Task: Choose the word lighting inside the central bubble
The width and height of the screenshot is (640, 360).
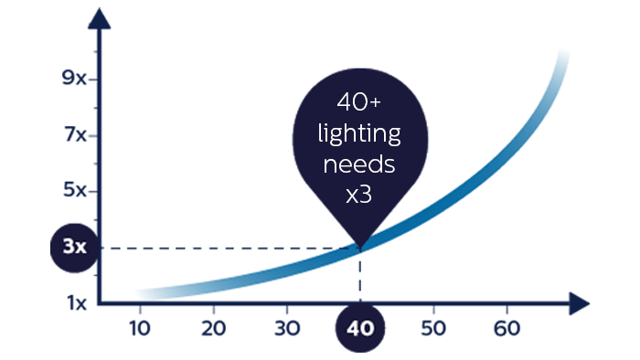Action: pyautogui.click(x=359, y=134)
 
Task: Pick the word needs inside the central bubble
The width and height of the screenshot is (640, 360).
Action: pyautogui.click(x=359, y=164)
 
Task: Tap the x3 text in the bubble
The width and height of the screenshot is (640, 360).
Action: pyautogui.click(x=358, y=195)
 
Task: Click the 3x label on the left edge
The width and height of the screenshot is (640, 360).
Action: pyautogui.click(x=74, y=247)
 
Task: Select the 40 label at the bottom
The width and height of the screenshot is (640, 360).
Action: pyautogui.click(x=360, y=328)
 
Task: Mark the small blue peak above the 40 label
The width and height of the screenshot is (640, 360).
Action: pyautogui.click(x=365, y=260)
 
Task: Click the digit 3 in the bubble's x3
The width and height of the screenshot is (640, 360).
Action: pyautogui.click(x=366, y=195)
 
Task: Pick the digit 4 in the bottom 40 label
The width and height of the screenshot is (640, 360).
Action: pyautogui.click(x=353, y=328)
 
